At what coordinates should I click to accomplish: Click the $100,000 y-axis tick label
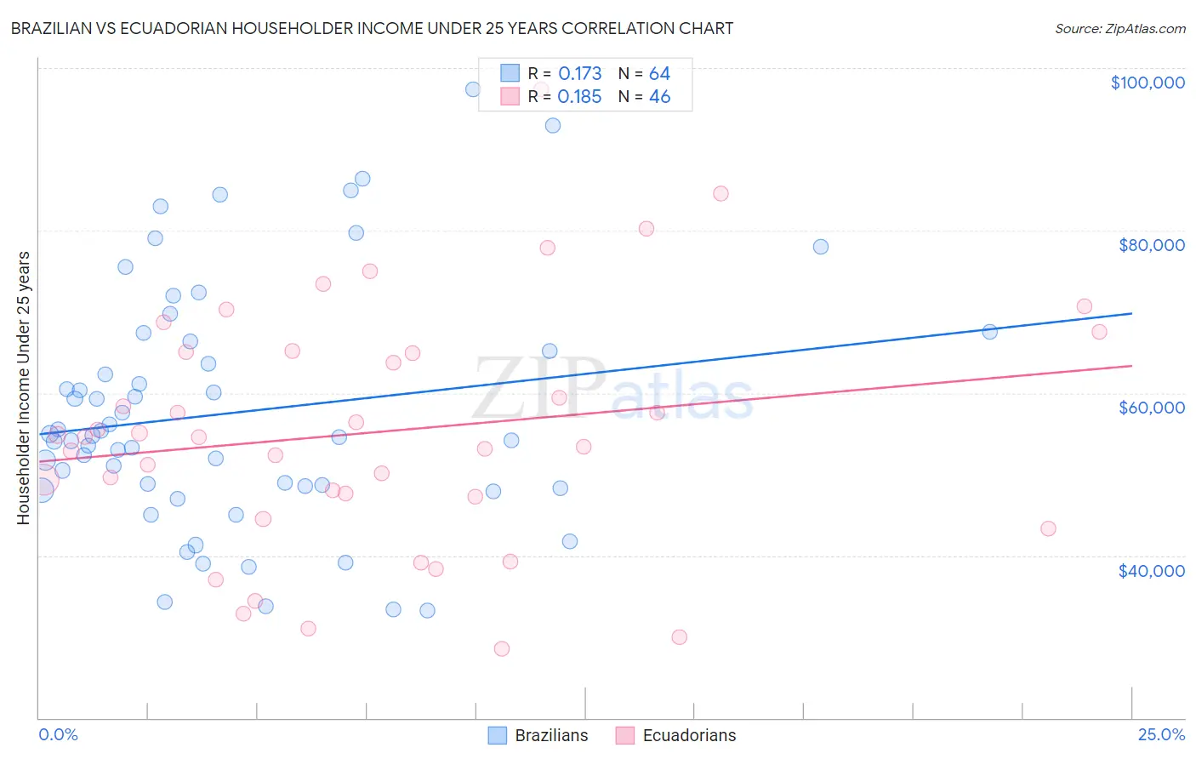1147,83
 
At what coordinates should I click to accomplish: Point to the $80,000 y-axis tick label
1151,245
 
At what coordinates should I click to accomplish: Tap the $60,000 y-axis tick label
1151,408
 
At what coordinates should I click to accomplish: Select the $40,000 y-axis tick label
1151,571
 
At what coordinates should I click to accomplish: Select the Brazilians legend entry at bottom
538,735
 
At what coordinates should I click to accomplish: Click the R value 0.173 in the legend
579,74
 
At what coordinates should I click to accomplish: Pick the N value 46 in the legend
659,97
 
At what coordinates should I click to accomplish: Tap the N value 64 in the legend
659,74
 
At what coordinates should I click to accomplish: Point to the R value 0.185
579,97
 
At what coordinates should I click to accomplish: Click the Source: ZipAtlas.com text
1119,28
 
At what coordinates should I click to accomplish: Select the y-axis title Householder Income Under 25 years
23,387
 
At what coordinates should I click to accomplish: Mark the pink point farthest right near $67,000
1099,332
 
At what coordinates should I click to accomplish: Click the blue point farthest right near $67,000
989,332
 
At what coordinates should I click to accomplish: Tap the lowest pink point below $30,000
502,648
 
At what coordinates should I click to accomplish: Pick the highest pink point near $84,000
720,193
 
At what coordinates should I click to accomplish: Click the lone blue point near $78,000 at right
821,247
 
